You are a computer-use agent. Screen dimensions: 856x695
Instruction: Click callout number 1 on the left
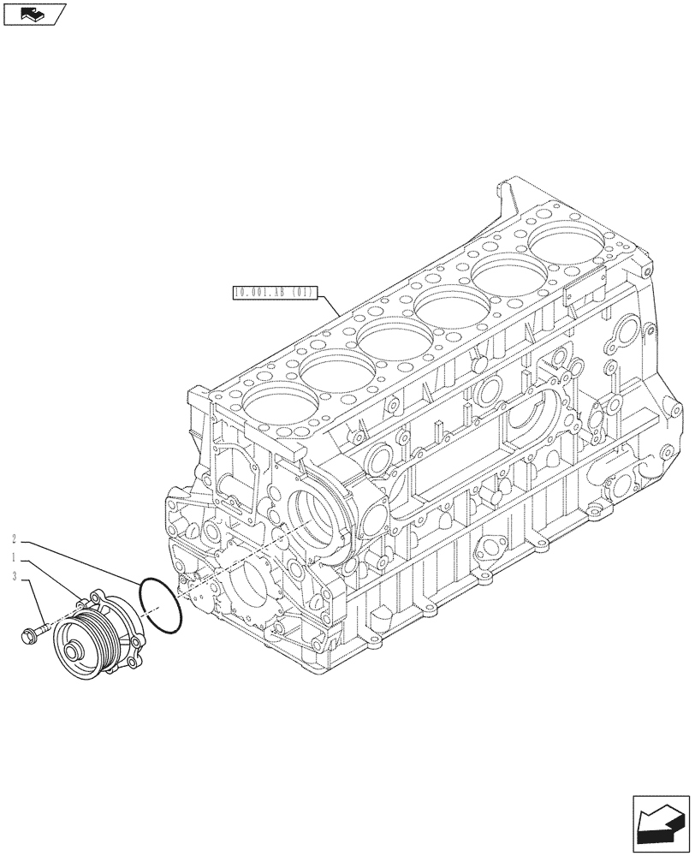(x=15, y=558)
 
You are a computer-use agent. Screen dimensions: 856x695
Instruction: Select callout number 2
(x=15, y=539)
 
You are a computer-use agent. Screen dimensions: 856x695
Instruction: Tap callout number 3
(x=15, y=577)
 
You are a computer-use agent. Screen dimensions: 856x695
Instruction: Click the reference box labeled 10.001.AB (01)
(x=275, y=294)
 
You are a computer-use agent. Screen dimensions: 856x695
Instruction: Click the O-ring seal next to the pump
(x=158, y=605)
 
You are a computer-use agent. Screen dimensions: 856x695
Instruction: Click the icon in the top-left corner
(x=33, y=13)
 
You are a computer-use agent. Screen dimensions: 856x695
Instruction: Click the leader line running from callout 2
(x=77, y=562)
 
